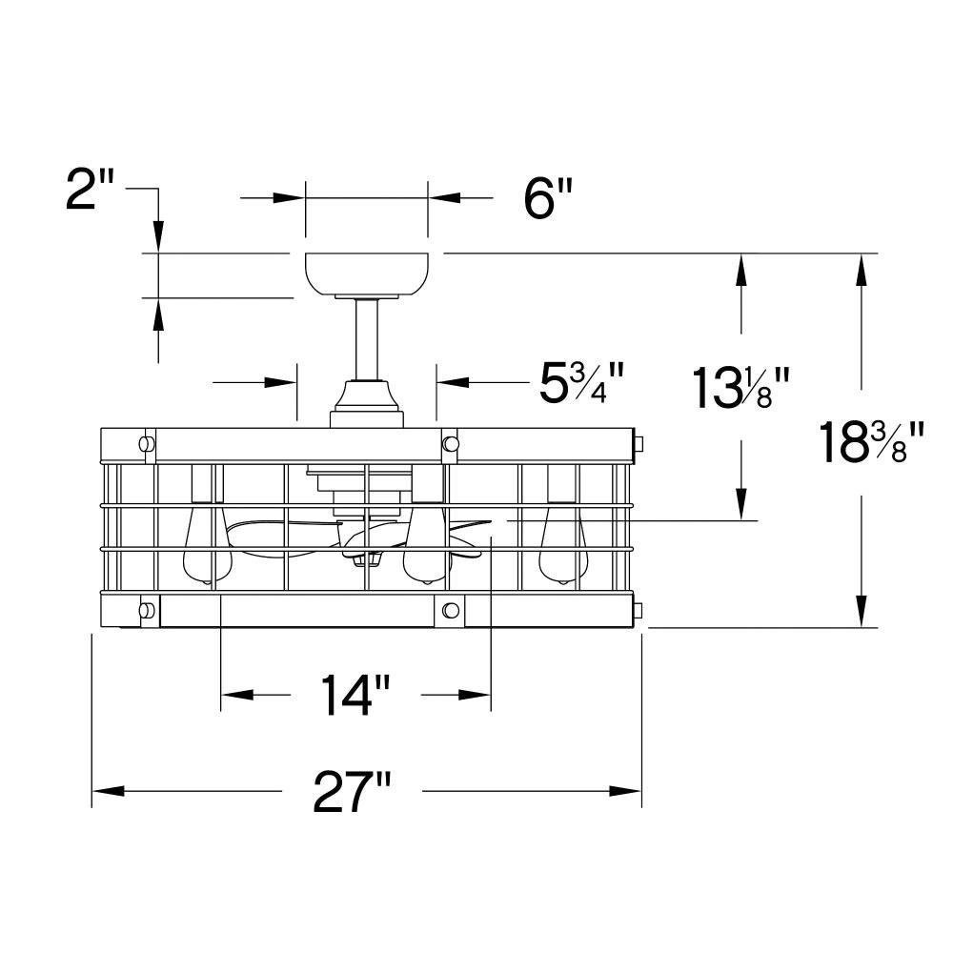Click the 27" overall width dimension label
[352, 791]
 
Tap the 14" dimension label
[355, 695]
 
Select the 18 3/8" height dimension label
[870, 442]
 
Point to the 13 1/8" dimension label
[740, 387]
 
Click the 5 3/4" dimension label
[581, 383]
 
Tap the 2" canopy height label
[90, 190]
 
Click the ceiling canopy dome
[367, 274]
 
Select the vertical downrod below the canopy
[367, 339]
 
